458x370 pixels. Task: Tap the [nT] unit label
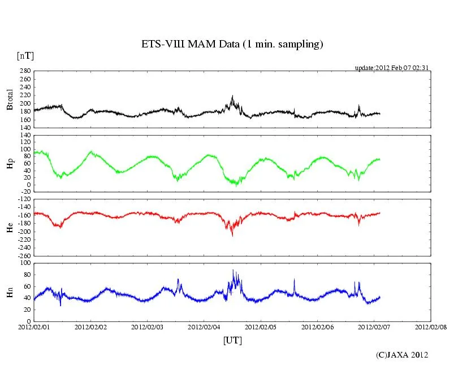[x=25, y=55]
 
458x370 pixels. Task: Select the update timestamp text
[x=392, y=68]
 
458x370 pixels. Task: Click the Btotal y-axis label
[x=10, y=99]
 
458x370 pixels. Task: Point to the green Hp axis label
[x=10, y=163]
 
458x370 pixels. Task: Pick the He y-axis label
[x=10, y=227]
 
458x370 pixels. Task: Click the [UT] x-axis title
[x=232, y=341]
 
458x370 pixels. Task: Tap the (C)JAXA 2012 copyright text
[x=402, y=355]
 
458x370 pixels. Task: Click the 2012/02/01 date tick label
[x=34, y=327]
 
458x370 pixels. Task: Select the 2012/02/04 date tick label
[x=204, y=327]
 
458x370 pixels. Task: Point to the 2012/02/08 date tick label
[x=431, y=327]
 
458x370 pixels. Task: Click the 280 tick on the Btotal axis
[x=25, y=71]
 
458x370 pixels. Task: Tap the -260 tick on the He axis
[x=23, y=255]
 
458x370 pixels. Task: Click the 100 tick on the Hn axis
[x=25, y=263]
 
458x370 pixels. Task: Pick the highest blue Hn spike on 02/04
[x=233, y=271]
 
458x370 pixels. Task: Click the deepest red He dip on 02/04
[x=232, y=234]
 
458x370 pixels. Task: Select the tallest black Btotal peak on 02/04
[x=232, y=97]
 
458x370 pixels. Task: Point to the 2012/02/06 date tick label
[x=318, y=327]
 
